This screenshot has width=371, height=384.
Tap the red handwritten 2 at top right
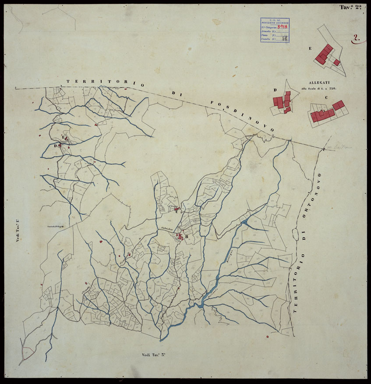click(357, 38)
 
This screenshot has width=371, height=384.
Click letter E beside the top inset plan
click(310, 48)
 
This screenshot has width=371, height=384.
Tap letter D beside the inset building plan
click(275, 90)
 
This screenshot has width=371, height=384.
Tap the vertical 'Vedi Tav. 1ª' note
click(18, 231)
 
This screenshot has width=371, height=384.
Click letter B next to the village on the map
click(186, 237)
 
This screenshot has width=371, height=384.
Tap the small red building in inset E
click(336, 63)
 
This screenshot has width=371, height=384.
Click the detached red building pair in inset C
click(338, 105)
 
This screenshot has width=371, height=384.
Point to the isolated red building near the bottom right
click(267, 337)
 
